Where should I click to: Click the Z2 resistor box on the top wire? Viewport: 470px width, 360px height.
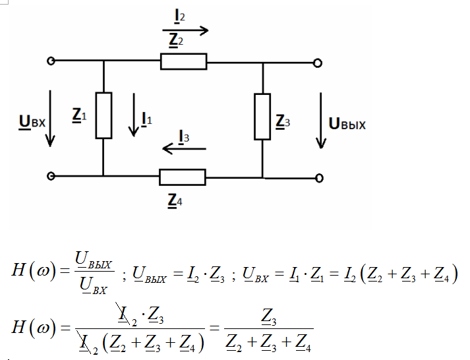[x=183, y=62]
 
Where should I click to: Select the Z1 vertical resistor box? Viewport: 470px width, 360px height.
[x=103, y=115]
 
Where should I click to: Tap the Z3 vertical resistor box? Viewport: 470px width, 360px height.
[x=262, y=117]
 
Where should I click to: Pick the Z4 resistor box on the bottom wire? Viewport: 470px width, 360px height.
[x=183, y=177]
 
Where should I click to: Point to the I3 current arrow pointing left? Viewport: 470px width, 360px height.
[x=184, y=150]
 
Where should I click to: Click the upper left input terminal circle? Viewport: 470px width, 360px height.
[x=51, y=61]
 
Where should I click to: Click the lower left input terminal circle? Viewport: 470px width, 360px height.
[x=51, y=177]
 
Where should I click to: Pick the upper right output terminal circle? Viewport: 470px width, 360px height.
[x=318, y=63]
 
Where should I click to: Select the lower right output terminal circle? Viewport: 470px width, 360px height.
[x=319, y=177]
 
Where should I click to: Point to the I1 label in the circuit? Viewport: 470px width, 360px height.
[x=148, y=119]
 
